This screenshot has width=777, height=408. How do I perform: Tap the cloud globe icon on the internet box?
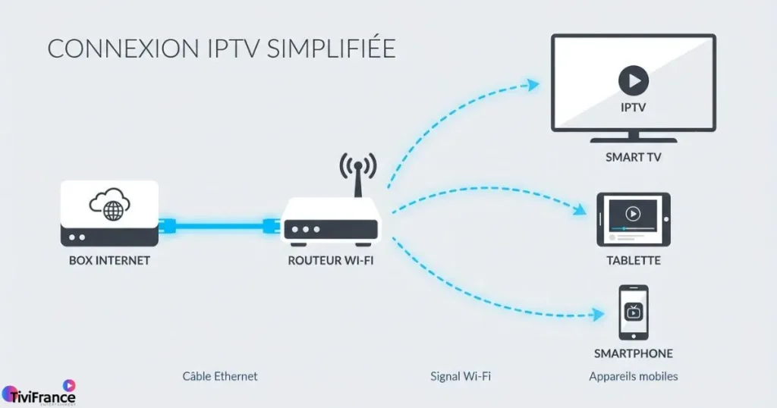(x=110, y=205)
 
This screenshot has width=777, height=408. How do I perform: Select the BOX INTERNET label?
(x=109, y=260)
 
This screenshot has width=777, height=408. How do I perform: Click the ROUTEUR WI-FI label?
(x=331, y=260)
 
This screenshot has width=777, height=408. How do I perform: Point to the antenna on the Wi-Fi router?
(x=357, y=177)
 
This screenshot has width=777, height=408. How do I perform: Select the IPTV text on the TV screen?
(x=633, y=108)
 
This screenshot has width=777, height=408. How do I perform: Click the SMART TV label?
(x=633, y=158)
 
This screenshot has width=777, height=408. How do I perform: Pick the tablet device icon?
(x=633, y=219)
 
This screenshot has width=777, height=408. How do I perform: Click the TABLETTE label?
(x=633, y=260)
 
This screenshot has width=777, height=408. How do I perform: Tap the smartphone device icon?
(x=633, y=312)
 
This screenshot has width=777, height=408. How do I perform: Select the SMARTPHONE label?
(x=633, y=353)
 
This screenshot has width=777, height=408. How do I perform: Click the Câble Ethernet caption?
(x=220, y=376)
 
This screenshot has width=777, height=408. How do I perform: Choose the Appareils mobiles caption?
(x=633, y=376)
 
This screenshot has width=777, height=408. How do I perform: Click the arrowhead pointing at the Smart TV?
(x=533, y=84)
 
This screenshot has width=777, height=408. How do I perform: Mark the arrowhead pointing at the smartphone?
(x=599, y=312)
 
